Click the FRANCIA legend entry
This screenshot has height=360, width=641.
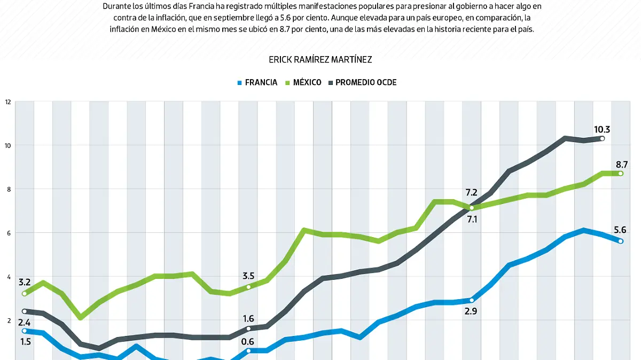pos(257,82)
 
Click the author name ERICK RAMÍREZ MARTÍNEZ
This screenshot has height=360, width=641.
pos(320,59)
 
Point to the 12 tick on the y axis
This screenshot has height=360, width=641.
pos(7,101)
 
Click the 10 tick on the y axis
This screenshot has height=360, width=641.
pos(7,145)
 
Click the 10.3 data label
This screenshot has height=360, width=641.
pos(601,129)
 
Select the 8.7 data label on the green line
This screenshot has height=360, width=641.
pos(621,164)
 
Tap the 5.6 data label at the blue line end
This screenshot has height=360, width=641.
pos(620,230)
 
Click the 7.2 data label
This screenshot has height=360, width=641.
pos(471,192)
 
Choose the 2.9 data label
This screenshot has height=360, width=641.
pos(471,310)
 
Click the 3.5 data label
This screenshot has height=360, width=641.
pos(248,276)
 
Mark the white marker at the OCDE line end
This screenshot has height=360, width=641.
pos(602,139)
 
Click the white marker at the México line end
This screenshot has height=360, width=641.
pos(621,174)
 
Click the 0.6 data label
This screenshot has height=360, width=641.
pos(248,342)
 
